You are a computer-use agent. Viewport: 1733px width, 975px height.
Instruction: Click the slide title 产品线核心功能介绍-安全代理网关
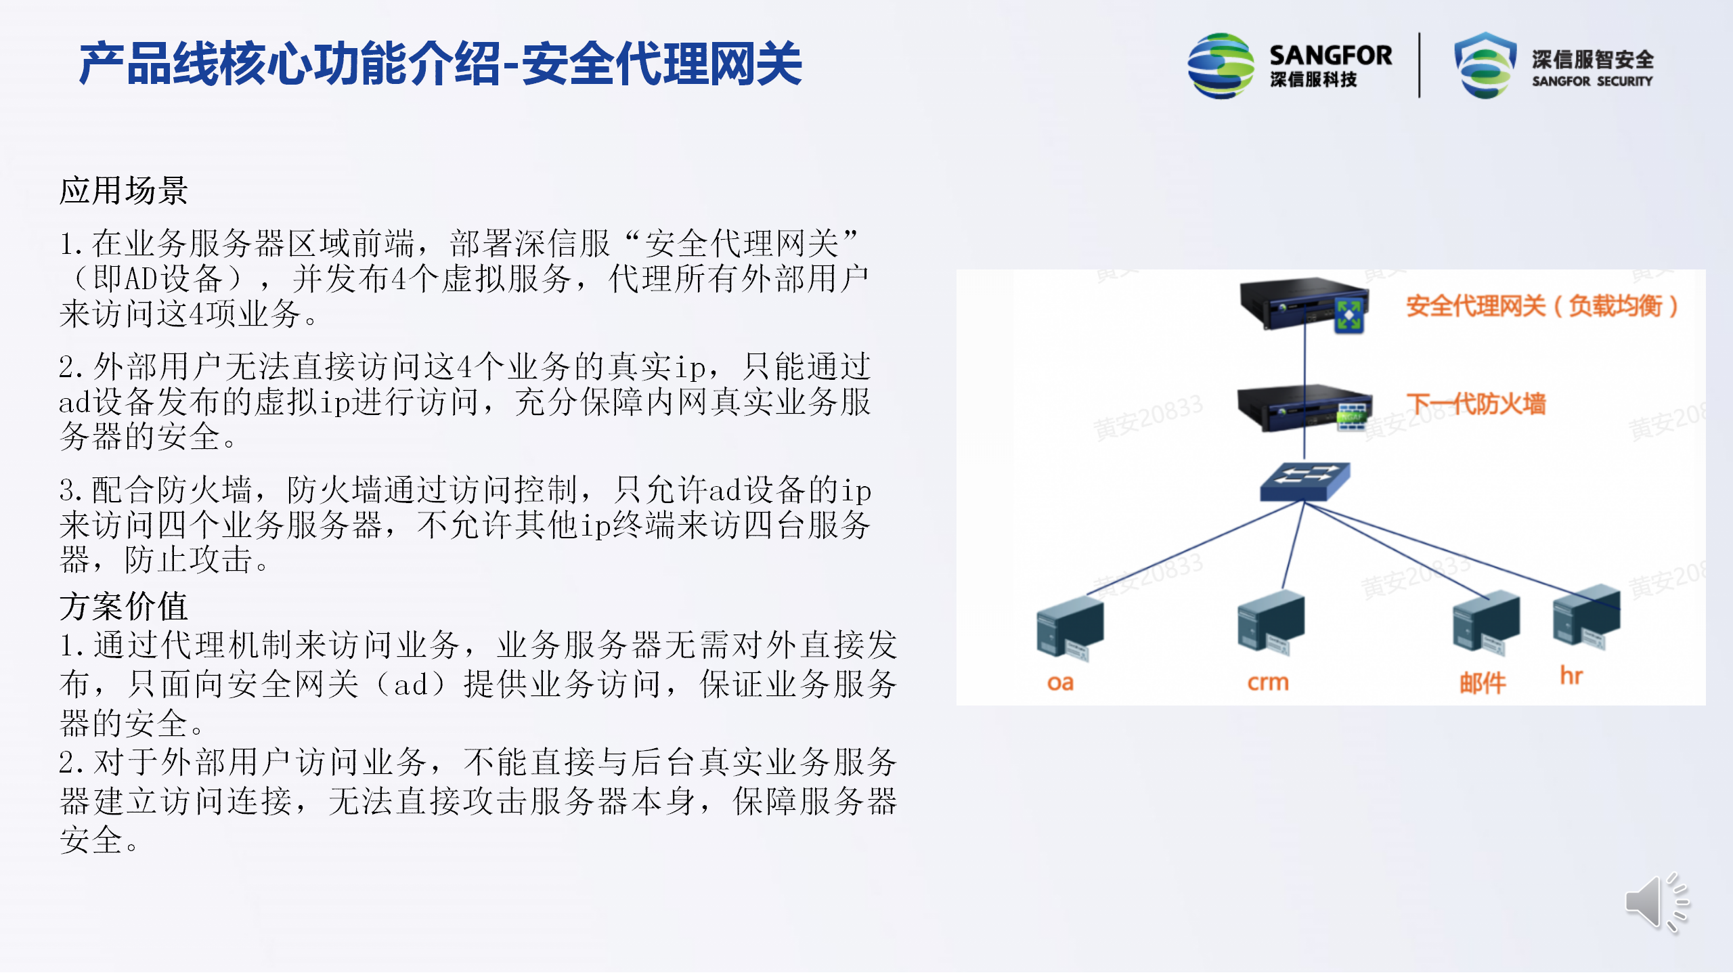tap(441, 64)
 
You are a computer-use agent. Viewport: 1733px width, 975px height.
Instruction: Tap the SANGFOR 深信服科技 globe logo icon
tap(1221, 66)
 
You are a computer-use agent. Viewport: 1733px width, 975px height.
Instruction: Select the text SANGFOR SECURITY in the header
tap(1592, 81)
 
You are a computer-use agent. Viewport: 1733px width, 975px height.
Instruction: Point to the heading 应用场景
tap(124, 190)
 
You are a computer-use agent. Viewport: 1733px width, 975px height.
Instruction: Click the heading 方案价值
tap(124, 606)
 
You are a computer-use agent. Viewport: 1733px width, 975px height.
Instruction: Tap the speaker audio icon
tap(1657, 902)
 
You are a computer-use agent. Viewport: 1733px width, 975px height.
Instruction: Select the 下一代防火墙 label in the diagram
tap(1476, 404)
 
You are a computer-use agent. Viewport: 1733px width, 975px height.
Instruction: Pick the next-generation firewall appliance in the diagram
tap(1304, 408)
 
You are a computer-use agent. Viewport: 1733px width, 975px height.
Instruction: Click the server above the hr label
tap(1586, 617)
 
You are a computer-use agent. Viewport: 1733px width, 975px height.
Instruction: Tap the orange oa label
tap(1060, 682)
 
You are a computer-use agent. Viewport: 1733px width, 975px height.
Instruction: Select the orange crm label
tap(1268, 682)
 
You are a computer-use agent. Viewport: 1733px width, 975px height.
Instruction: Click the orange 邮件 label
tap(1483, 683)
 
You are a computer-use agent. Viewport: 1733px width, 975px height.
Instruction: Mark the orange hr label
tap(1571, 675)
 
